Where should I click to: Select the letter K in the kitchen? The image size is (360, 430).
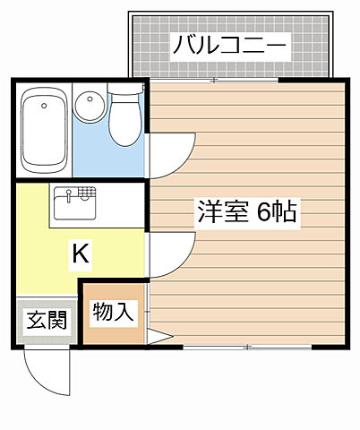click(x=80, y=254)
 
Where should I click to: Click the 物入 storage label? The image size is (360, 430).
click(x=114, y=314)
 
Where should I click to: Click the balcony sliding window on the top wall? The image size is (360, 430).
click(x=216, y=82)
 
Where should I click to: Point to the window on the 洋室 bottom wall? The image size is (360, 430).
click(x=247, y=346)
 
